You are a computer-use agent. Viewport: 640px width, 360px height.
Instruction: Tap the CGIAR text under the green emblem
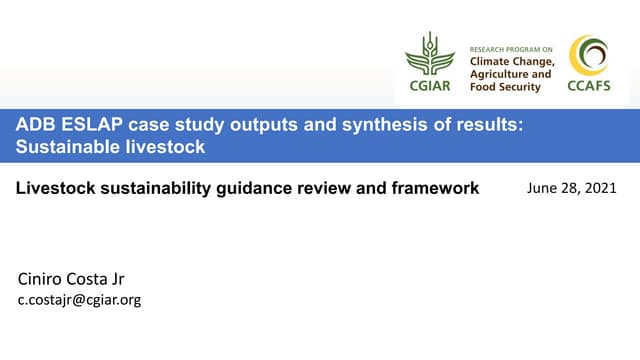pyautogui.click(x=429, y=85)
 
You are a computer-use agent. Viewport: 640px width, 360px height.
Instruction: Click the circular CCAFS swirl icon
pyautogui.click(x=588, y=55)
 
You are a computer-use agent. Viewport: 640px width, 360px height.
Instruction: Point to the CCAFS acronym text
pyautogui.click(x=588, y=86)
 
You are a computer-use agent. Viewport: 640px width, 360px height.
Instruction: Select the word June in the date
pyautogui.click(x=541, y=188)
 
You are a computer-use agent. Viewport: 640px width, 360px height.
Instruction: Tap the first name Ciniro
pyautogui.click(x=45, y=278)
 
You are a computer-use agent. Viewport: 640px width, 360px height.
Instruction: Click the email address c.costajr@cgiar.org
pyautogui.click(x=80, y=299)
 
